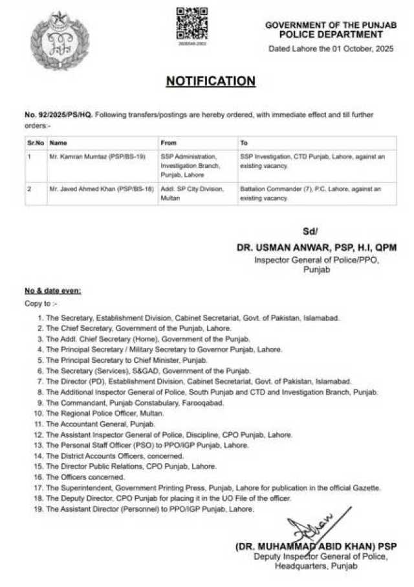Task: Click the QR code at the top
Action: (x=192, y=23)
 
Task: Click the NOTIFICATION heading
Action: (x=210, y=81)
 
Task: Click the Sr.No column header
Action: (x=35, y=143)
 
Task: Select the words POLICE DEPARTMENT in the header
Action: (x=333, y=34)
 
